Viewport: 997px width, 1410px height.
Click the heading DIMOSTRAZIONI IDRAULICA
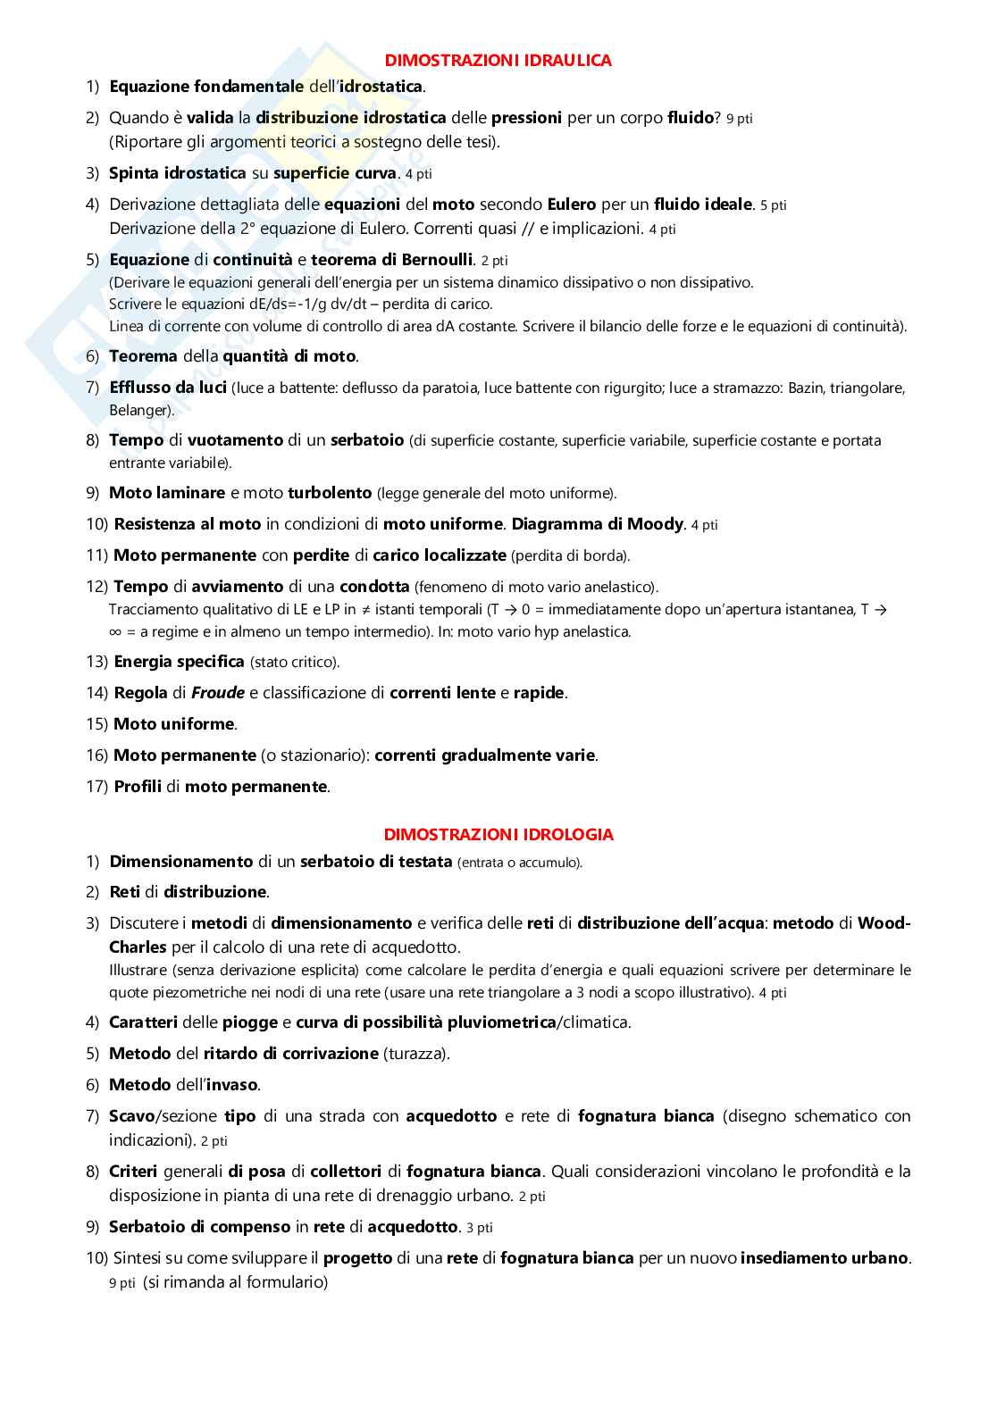pos(498,61)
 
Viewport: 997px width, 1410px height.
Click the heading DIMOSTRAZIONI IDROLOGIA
pos(498,835)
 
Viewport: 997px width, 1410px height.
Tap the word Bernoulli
pos(437,260)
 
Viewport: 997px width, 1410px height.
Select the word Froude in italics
pos(218,693)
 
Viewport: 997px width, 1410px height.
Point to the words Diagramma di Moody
pos(597,524)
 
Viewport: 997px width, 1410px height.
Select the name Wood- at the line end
pos(884,923)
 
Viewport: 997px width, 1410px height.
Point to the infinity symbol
pos(116,632)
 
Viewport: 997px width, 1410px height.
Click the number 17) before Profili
pos(96,787)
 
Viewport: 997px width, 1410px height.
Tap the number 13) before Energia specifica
pos(96,662)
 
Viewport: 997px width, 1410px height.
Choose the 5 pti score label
pos(773,205)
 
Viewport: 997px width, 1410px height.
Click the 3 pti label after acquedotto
pos(479,1228)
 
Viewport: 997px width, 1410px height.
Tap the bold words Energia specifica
pos(179,662)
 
